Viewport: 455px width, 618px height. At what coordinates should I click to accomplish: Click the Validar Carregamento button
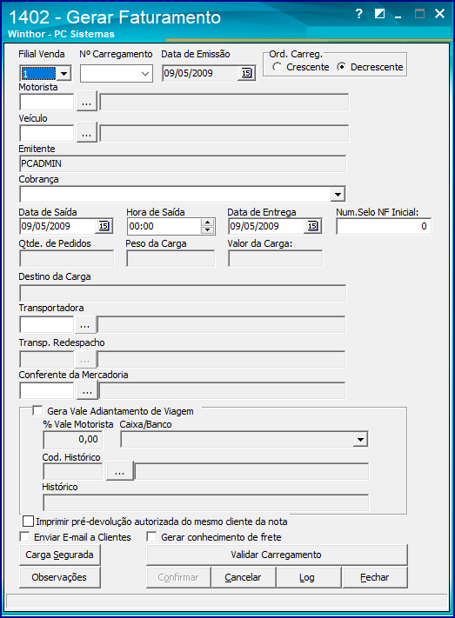click(x=277, y=555)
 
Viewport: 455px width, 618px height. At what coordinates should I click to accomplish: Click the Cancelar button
click(x=243, y=577)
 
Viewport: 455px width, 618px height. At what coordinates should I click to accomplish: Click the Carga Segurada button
click(x=59, y=555)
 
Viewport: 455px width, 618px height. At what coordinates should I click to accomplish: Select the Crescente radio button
click(x=277, y=67)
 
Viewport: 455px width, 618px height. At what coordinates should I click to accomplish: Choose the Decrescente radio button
click(x=341, y=67)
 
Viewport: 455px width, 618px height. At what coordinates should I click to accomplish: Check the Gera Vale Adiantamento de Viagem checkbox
click(x=37, y=411)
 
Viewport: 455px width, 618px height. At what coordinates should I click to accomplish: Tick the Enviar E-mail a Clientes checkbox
click(x=24, y=537)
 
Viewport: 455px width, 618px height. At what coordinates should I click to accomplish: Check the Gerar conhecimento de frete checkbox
click(x=151, y=537)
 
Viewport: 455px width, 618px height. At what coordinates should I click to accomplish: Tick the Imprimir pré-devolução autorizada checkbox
click(x=28, y=522)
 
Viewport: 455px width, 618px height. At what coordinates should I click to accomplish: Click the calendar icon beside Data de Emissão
click(x=246, y=73)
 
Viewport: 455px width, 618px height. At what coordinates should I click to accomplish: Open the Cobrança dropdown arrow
click(x=338, y=195)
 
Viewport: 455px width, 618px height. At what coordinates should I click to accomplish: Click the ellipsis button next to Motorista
click(x=87, y=102)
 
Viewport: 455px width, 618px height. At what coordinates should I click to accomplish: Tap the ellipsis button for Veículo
click(x=87, y=133)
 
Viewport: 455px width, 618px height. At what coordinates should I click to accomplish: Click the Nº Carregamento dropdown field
click(x=117, y=74)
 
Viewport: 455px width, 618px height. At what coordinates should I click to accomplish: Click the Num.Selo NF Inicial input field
click(x=384, y=226)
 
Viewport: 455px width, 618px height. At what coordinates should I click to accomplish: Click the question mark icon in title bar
click(x=358, y=14)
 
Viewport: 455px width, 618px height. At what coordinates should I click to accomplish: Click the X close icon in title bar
click(x=439, y=14)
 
